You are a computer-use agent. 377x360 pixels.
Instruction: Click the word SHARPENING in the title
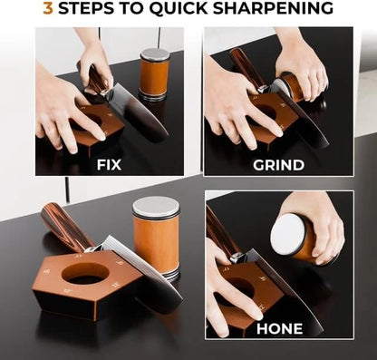click(278, 9)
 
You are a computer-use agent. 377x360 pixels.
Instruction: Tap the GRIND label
click(278, 165)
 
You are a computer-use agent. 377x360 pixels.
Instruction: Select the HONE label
click(279, 327)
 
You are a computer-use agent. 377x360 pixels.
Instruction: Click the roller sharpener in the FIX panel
click(154, 76)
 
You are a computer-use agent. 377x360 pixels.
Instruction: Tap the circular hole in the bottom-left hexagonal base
click(87, 273)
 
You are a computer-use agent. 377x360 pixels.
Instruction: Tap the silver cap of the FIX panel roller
click(154, 54)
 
